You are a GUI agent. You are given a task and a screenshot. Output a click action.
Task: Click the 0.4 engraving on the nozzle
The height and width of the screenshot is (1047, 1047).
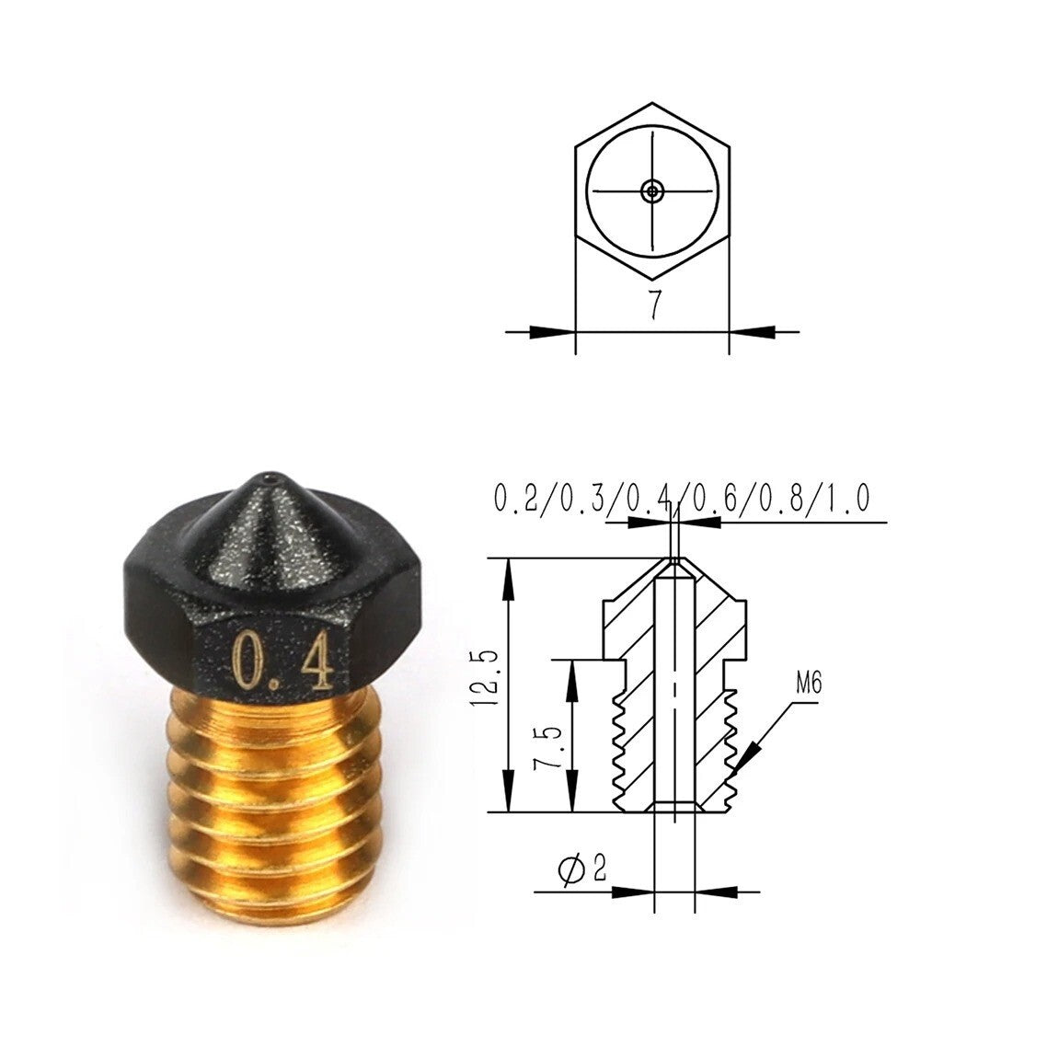pyautogui.click(x=282, y=662)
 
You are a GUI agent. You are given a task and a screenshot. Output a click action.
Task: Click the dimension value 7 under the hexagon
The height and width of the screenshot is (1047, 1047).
pyautogui.click(x=654, y=305)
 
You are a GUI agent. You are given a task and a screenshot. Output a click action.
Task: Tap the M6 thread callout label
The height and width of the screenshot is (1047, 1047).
pyautogui.click(x=808, y=685)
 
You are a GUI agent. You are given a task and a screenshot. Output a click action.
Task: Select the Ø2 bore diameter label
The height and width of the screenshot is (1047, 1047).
pyautogui.click(x=582, y=868)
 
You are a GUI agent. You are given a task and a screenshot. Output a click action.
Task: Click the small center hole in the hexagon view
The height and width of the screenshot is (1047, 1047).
pyautogui.click(x=652, y=190)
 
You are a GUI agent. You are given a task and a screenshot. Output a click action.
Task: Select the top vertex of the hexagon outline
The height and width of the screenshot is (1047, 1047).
pyautogui.click(x=652, y=103)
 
